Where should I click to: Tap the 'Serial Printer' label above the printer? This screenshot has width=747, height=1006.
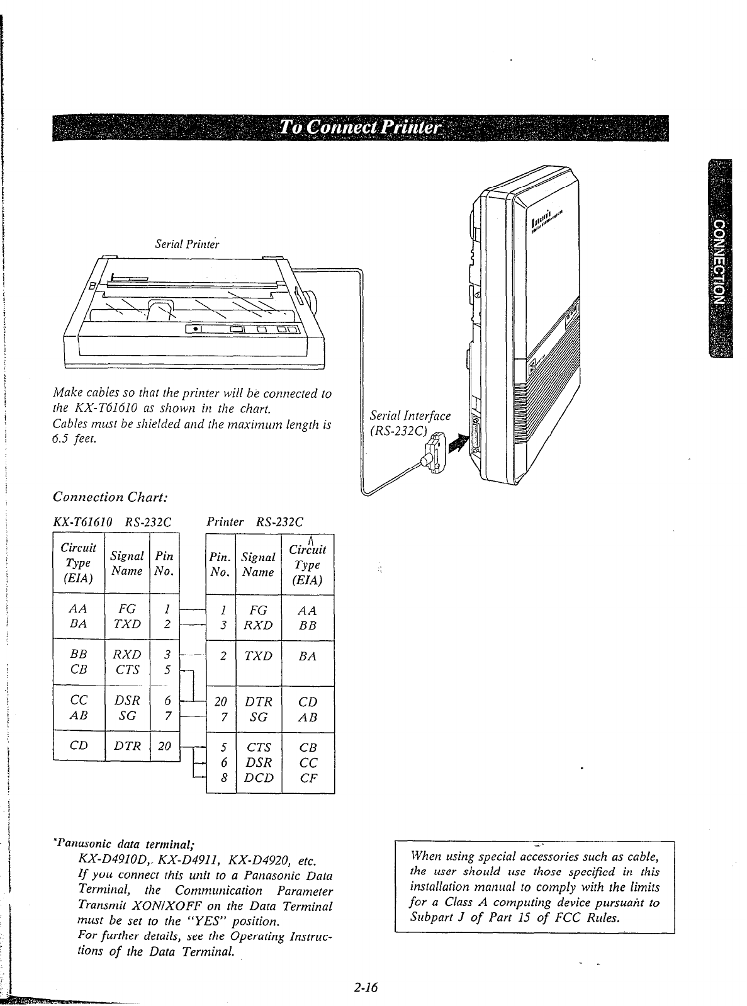(187, 244)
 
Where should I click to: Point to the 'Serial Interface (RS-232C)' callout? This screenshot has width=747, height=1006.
(410, 423)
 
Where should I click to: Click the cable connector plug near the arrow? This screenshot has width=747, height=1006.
(434, 450)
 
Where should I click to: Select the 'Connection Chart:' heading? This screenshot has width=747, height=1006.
(110, 497)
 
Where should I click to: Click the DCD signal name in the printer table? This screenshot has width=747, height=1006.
(259, 777)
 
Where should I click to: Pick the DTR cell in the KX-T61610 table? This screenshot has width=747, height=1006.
(127, 747)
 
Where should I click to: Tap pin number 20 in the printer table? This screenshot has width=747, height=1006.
(220, 701)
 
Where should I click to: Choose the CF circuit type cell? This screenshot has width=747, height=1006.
(308, 777)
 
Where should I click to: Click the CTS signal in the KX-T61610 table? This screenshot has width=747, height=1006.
(127, 670)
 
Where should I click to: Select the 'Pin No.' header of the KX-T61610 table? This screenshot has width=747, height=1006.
(164, 564)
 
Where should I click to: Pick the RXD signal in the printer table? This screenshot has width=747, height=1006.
(259, 625)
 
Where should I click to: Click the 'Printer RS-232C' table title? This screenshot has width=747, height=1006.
(255, 522)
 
